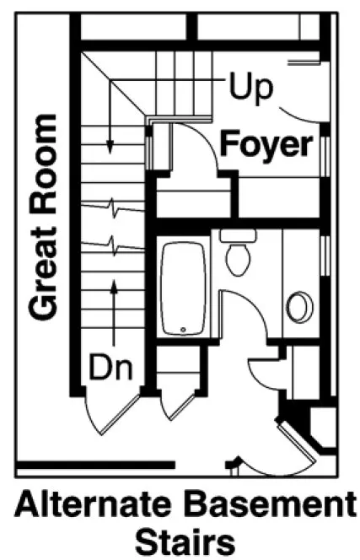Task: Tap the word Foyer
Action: point(265,144)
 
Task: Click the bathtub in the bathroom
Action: point(183,287)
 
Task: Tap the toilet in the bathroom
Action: point(238,253)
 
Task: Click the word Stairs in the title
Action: point(182,540)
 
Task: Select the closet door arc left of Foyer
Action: point(187,143)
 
